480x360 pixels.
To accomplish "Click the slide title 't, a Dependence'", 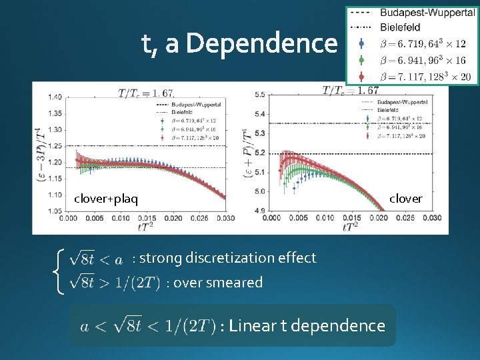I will [239, 44].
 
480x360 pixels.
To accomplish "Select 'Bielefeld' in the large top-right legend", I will [400, 27].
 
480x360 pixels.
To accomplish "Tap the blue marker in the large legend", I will [361, 43].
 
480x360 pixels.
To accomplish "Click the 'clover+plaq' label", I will [106, 199].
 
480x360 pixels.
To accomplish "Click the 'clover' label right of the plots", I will [406, 199].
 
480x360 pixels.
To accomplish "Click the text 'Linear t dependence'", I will [306, 325].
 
